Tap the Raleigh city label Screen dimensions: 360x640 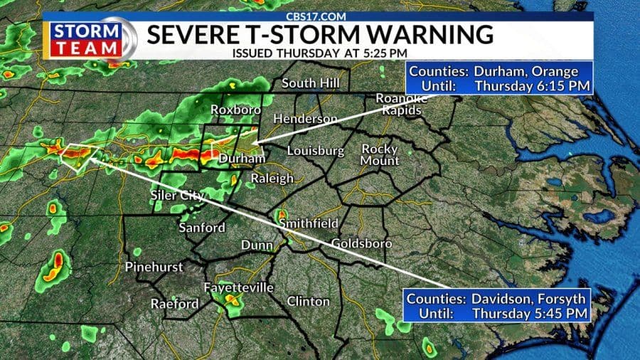pos(271,178)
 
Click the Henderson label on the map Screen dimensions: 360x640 pos(306,118)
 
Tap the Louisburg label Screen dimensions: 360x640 pos(315,151)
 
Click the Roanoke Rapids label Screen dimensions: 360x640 pos(402,105)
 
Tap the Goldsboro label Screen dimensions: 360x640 pos(361,243)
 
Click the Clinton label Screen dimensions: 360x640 pos(308,301)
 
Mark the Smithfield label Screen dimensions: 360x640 pos(308,223)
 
